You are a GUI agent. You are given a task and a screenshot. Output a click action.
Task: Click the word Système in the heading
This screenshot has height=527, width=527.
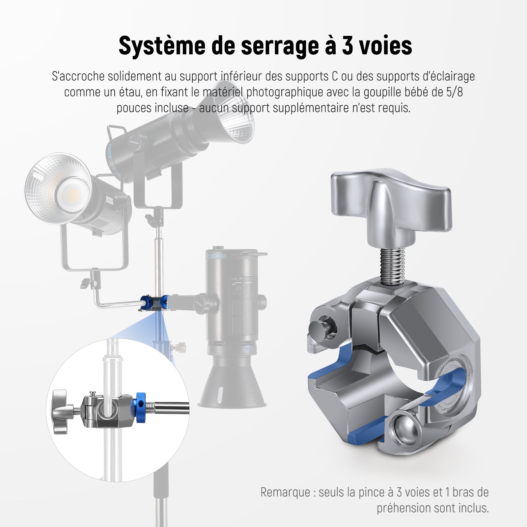tap(162, 46)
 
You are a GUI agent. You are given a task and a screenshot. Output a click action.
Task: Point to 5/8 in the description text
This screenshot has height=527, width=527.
tap(455, 92)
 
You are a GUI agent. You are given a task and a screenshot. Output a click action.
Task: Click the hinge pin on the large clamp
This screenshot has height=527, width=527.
tap(321, 327)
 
